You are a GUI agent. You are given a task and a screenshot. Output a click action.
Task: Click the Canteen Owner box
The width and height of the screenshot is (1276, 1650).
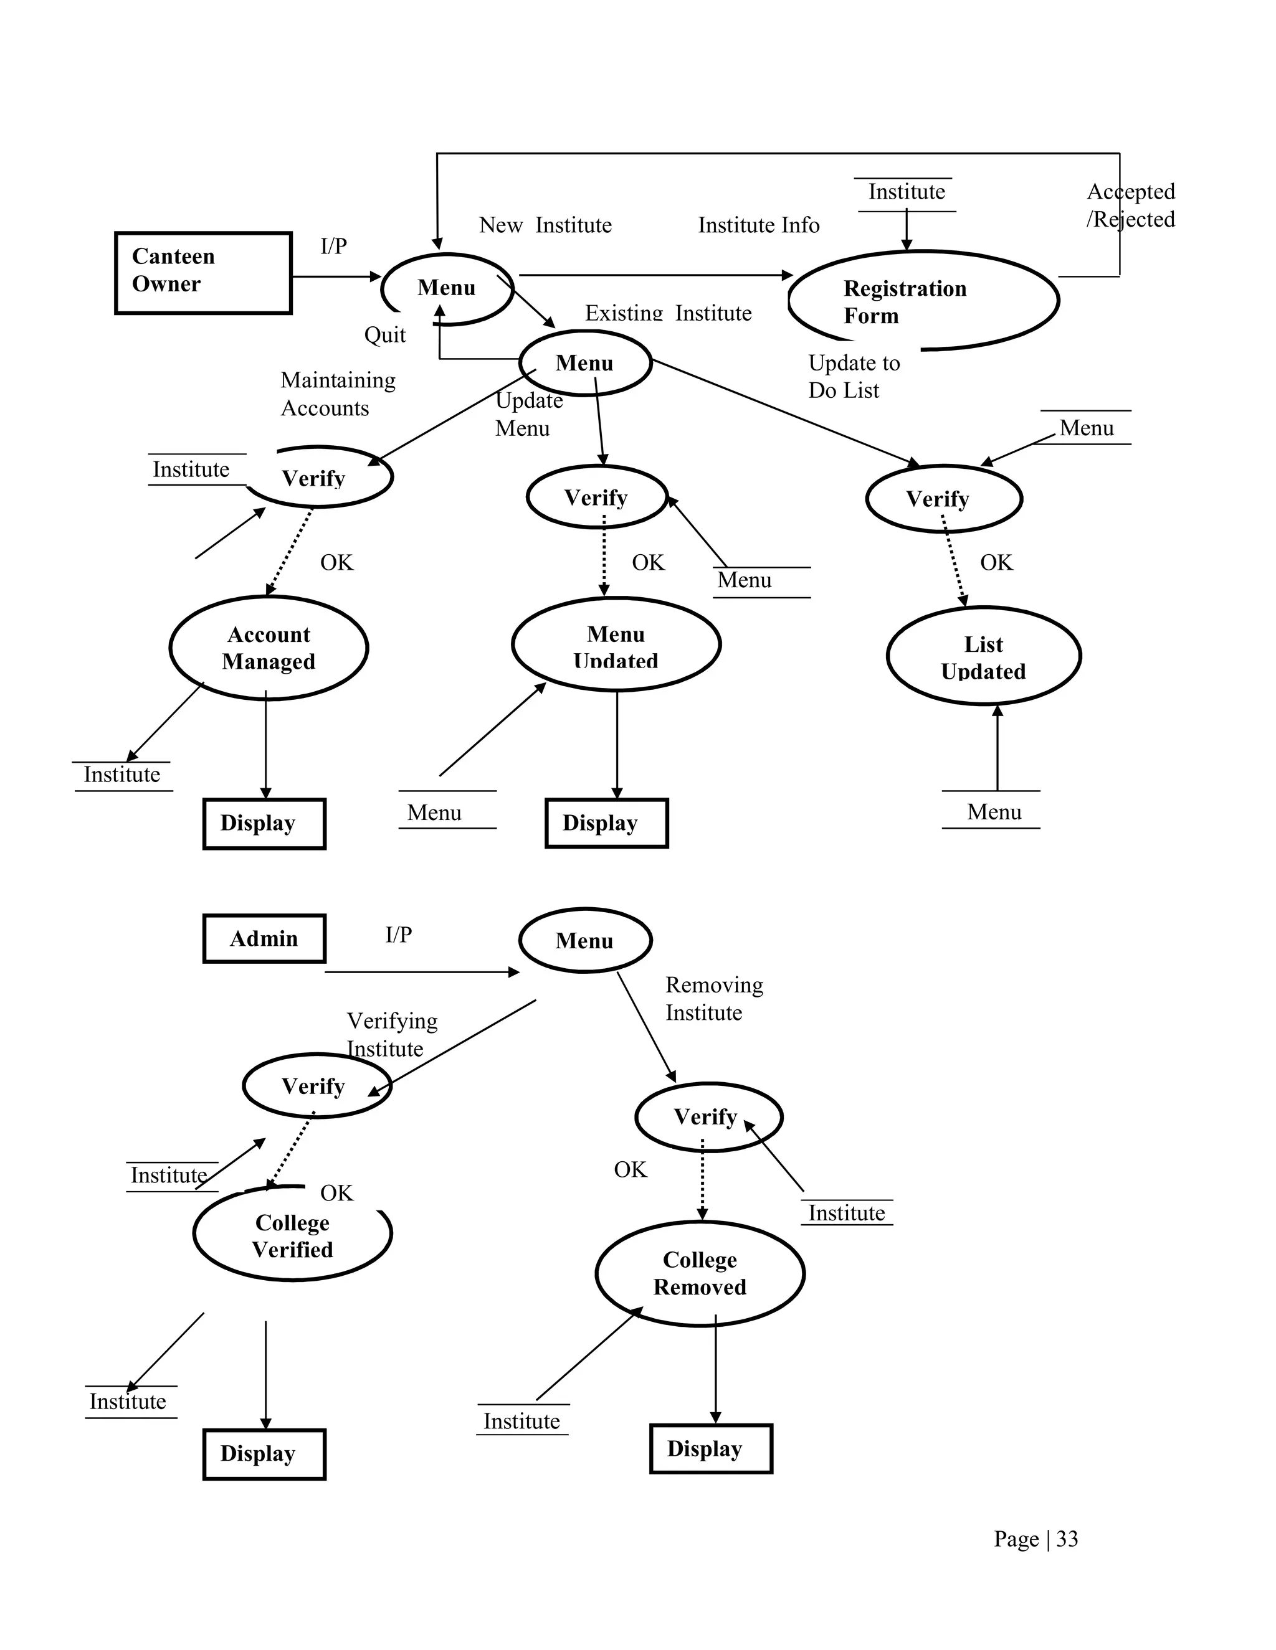[x=202, y=272]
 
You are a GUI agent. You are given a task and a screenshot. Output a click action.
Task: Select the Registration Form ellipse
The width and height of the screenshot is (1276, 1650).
[x=922, y=301]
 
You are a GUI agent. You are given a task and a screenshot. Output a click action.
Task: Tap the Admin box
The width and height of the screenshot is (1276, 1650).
[x=264, y=938]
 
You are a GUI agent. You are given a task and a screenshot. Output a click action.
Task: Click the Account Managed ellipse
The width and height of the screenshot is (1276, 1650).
[x=269, y=648]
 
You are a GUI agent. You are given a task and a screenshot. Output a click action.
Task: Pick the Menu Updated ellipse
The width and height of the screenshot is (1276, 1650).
[x=616, y=644]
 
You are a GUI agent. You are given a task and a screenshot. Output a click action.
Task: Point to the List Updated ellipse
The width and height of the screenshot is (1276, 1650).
[x=983, y=656]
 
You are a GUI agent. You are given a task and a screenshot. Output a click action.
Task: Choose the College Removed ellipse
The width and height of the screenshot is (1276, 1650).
[x=699, y=1273]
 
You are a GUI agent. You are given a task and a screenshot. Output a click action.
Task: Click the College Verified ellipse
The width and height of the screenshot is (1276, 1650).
[x=293, y=1235]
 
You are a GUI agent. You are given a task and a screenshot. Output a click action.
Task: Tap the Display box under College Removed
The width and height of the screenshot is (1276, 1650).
[x=710, y=1448]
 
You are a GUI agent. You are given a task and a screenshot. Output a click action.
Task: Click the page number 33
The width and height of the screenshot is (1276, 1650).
[x=1066, y=1539]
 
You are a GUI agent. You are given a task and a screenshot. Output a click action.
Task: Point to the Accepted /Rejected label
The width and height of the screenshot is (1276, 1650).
[x=1130, y=205]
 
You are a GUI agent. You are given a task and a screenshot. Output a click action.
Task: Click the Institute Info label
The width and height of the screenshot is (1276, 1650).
[x=758, y=225]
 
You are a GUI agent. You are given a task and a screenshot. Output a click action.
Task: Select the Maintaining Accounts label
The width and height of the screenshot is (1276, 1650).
[x=337, y=394]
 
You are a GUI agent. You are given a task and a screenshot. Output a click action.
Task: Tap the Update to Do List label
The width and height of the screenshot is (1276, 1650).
[x=854, y=376]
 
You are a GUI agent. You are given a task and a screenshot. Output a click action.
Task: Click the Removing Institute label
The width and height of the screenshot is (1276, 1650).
[x=713, y=998]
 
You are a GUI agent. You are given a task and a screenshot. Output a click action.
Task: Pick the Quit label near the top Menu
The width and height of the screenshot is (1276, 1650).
[x=385, y=335]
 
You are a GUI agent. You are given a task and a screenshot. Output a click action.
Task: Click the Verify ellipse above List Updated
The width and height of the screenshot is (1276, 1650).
[x=943, y=499]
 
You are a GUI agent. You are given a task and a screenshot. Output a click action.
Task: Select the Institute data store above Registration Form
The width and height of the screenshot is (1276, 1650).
[x=905, y=192]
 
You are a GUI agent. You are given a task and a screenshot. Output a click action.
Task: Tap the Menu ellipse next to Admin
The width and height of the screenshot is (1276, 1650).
[x=584, y=941]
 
